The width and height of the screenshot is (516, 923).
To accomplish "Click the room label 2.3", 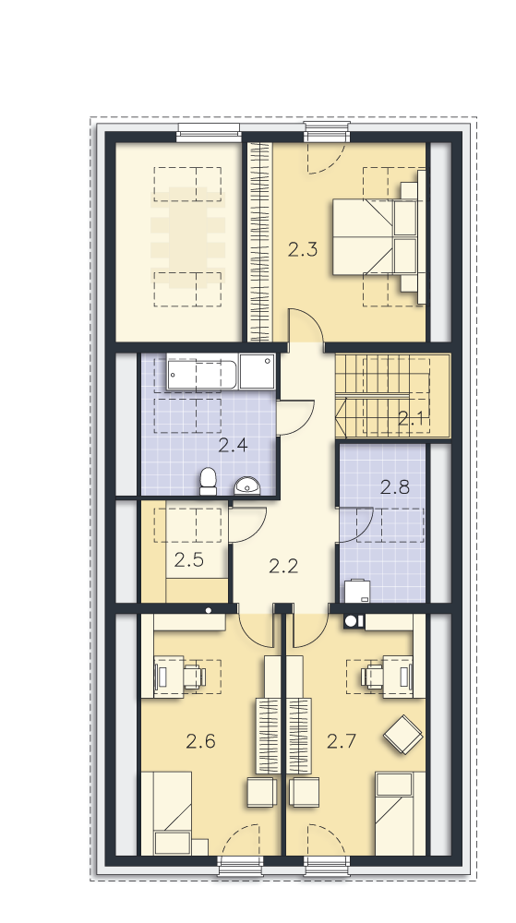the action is click(303, 249).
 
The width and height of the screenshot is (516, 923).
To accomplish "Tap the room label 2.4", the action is click(233, 445).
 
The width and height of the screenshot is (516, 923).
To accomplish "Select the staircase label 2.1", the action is click(411, 418).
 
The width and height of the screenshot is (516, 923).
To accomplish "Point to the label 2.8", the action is click(394, 486).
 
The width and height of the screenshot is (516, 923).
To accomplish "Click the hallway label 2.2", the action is click(283, 566).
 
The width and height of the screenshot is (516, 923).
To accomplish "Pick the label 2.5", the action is click(189, 560).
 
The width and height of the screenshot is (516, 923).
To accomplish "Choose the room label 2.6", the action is click(200, 741).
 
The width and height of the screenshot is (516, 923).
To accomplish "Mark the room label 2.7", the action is click(342, 741).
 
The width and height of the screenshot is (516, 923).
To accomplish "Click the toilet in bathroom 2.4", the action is click(209, 482).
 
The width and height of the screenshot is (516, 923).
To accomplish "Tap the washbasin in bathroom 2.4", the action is click(247, 485).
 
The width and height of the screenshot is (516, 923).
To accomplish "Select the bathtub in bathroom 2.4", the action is click(202, 373).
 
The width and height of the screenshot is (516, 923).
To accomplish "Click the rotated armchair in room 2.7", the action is click(403, 734).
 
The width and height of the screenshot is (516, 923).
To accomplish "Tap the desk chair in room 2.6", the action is click(194, 677).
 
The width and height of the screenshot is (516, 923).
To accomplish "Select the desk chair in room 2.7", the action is click(372, 677).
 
